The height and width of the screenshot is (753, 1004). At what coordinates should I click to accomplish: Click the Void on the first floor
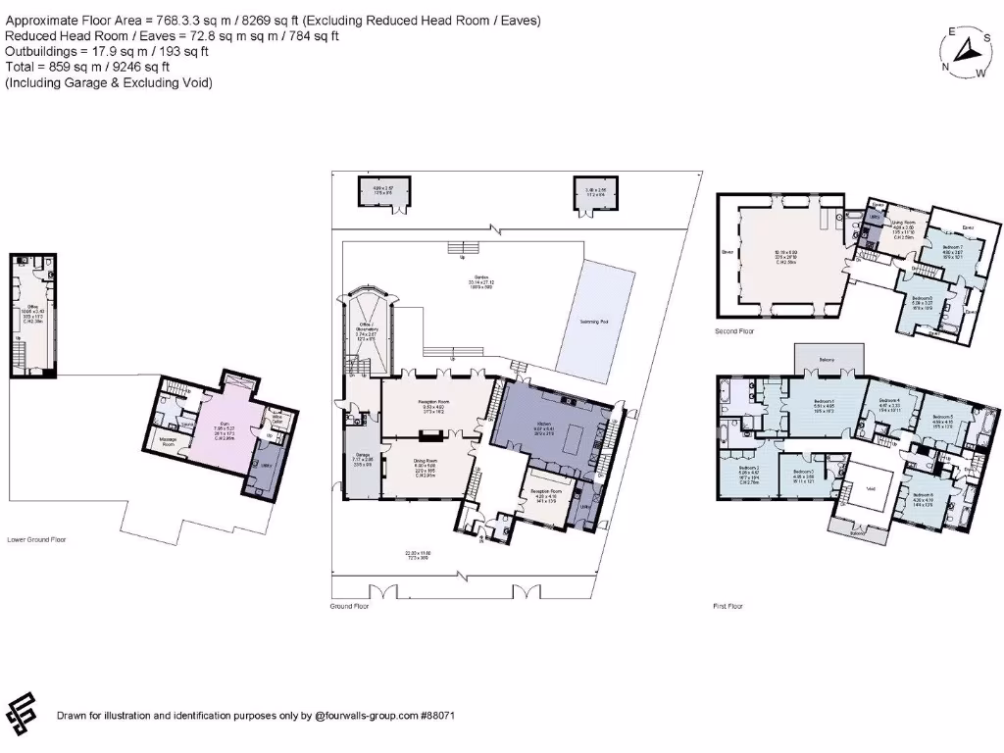870,487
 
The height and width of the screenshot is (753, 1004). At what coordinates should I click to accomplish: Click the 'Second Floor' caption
735,331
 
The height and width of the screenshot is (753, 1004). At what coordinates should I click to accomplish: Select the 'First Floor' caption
728,606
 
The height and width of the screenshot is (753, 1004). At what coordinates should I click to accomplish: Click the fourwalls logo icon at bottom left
23,712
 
